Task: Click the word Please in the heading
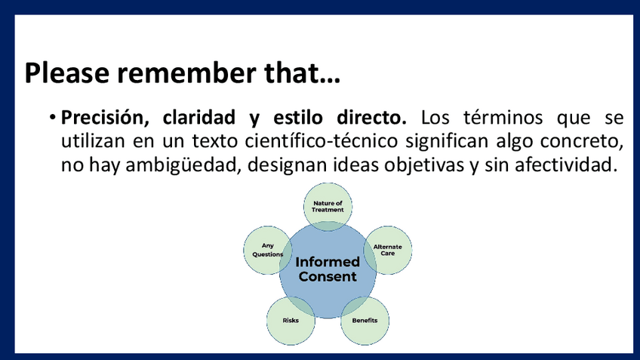67,73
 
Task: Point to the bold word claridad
198,117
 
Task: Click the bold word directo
371,117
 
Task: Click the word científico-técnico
322,141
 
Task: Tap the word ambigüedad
181,165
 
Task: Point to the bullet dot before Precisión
52,118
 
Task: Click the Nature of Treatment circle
328,207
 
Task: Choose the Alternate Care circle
388,250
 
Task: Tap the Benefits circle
365,321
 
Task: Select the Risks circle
291,321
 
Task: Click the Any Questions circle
267,250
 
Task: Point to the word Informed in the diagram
328,262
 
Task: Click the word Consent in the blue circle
328,276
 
